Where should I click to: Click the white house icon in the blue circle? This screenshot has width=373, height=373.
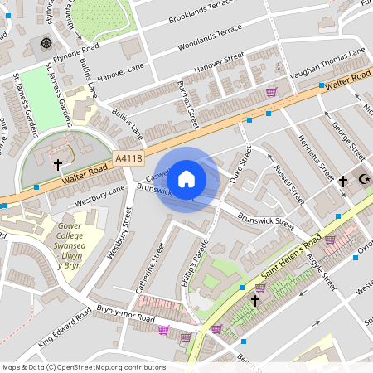(x=186, y=178)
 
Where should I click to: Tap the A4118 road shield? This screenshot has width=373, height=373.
(x=128, y=157)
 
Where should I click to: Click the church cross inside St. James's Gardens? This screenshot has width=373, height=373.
(x=57, y=165)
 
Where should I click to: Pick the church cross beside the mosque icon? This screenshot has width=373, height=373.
(x=342, y=180)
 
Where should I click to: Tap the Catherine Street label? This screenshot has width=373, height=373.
(x=150, y=267)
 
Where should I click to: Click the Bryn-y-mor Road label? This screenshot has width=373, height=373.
(x=126, y=313)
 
